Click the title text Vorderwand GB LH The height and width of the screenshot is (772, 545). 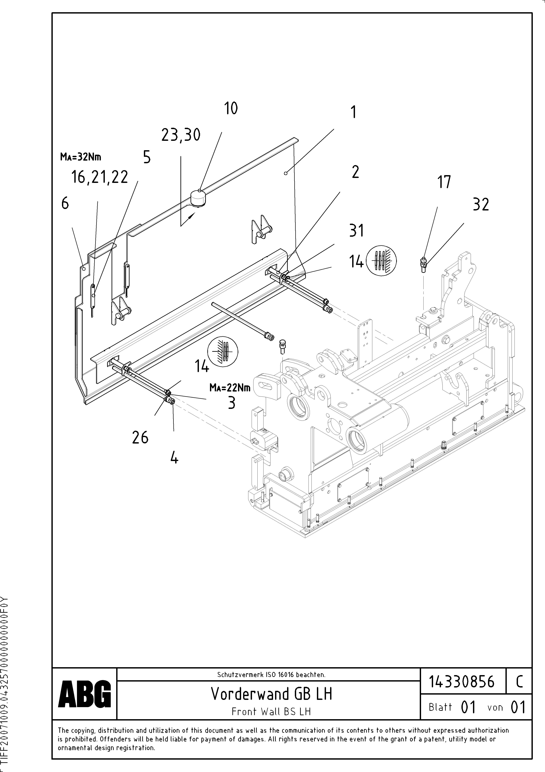tap(271, 694)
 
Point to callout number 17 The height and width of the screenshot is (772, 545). tap(444, 182)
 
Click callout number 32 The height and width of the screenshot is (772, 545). tap(481, 204)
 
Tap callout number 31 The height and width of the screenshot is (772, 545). tap(356, 231)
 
